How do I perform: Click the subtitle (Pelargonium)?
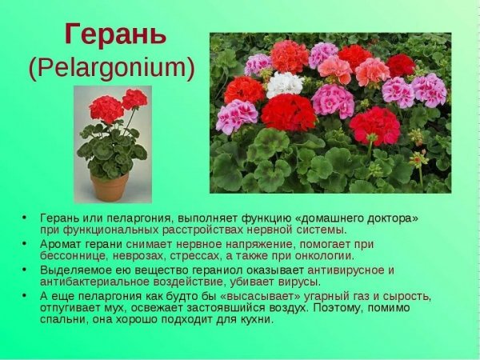(112, 68)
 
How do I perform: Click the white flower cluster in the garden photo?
(284, 83)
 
